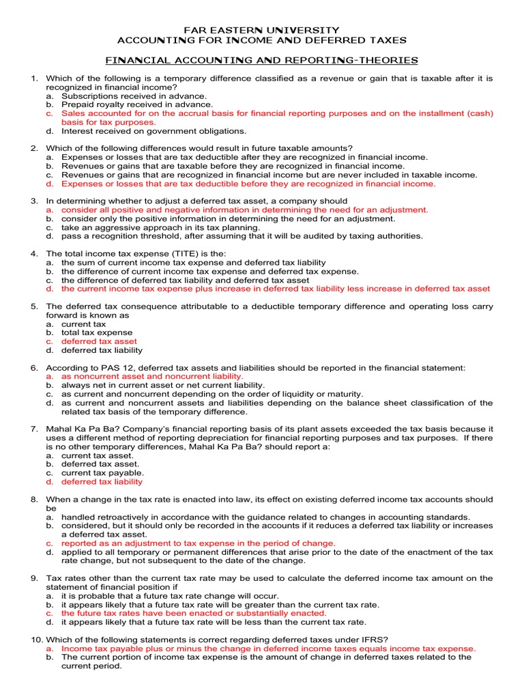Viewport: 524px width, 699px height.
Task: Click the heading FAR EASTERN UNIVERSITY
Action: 262,30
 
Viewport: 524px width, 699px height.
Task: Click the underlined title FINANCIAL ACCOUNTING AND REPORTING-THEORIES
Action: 262,61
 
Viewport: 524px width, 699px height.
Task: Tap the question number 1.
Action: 34,79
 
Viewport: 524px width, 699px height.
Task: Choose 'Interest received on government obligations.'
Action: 154,131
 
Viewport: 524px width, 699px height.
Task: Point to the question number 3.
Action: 34,201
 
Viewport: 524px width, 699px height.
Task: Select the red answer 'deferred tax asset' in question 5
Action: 99,341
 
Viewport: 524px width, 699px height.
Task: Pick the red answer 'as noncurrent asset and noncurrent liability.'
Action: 152,376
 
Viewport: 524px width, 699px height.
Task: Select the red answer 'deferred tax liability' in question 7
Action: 102,482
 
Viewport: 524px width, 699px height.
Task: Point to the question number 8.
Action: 34,500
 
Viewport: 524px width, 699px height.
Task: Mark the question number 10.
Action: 36,640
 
